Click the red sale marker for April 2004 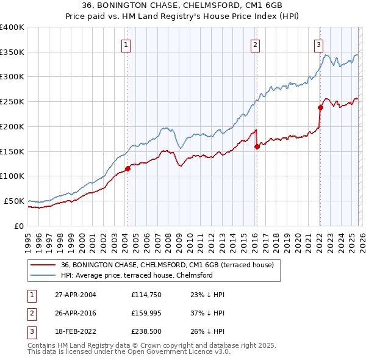coord(127,168)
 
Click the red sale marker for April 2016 coord(257,146)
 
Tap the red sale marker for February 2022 coord(320,107)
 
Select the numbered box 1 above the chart coord(126,44)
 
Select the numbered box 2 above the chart coord(254,44)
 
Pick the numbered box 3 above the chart coord(318,44)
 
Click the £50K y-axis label coord(14,201)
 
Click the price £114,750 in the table coord(145,295)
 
